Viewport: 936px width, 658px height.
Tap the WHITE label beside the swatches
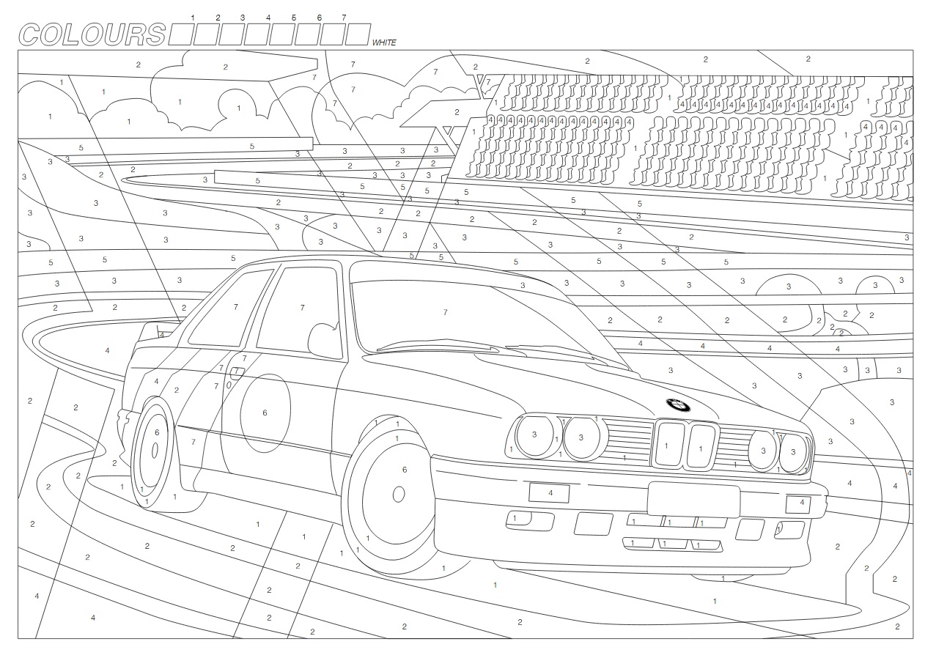pyautogui.click(x=383, y=42)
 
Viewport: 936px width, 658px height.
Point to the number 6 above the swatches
pyautogui.click(x=319, y=17)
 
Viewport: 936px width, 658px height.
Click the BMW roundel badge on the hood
pyautogui.click(x=678, y=404)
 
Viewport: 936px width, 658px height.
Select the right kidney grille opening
pyautogui.click(x=701, y=446)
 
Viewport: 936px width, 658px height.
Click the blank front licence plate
pyautogui.click(x=693, y=500)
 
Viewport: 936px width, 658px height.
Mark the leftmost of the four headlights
pyautogui.click(x=535, y=436)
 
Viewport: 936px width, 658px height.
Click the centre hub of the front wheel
pyautogui.click(x=399, y=494)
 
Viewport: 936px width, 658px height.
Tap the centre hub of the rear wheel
pyautogui.click(x=155, y=450)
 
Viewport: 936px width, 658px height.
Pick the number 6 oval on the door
pyautogui.click(x=265, y=413)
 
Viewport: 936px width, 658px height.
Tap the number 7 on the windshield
pyautogui.click(x=445, y=312)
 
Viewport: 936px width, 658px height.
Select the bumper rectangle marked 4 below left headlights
pyautogui.click(x=550, y=493)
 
